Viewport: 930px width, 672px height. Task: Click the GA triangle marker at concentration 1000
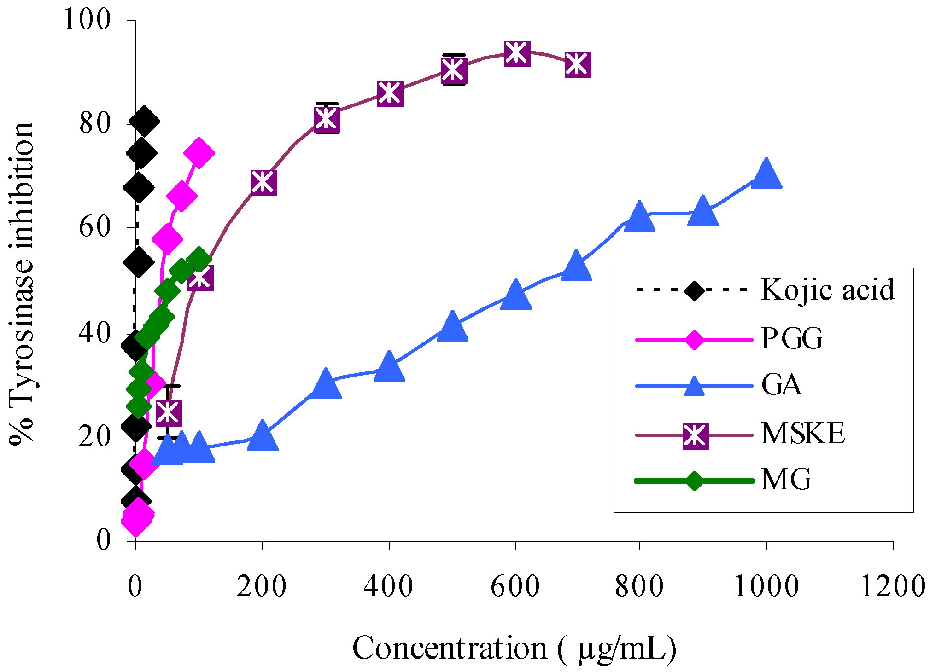click(x=766, y=175)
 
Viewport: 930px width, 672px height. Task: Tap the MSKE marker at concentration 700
click(x=577, y=64)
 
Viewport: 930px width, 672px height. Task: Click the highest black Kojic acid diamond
click(x=144, y=122)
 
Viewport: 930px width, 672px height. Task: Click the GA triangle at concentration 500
click(x=452, y=327)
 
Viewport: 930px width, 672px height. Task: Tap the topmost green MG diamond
click(x=199, y=259)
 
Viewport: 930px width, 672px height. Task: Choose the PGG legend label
click(x=792, y=338)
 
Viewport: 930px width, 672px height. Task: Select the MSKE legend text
click(x=803, y=433)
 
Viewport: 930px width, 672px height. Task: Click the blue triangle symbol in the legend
click(x=694, y=386)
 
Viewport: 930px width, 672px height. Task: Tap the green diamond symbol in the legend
click(x=694, y=481)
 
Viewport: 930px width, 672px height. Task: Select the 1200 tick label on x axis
click(x=892, y=587)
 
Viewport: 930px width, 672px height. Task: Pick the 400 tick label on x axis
click(x=388, y=587)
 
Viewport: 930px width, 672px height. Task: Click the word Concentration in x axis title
click(x=450, y=648)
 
